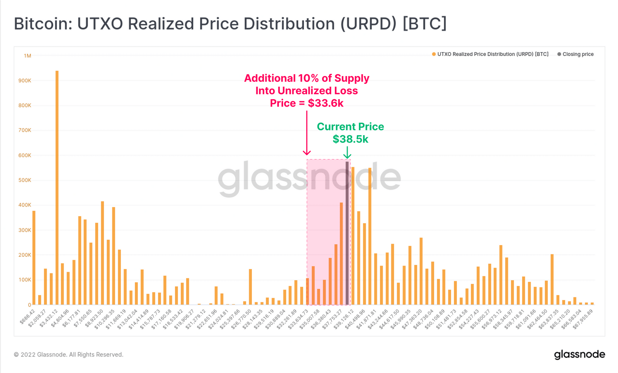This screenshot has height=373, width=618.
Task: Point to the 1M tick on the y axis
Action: (27, 56)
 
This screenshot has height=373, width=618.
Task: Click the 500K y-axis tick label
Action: (25, 180)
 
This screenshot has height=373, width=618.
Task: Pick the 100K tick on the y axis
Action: (25, 280)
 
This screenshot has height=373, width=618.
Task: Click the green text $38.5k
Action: (350, 139)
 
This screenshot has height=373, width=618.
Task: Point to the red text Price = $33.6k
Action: (307, 103)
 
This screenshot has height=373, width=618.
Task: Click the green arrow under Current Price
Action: (347, 153)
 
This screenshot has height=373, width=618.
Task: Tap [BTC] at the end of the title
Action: (424, 24)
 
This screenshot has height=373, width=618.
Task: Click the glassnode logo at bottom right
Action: (579, 354)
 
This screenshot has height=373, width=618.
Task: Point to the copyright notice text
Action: (69, 354)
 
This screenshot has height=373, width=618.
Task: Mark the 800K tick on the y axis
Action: (25, 105)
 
